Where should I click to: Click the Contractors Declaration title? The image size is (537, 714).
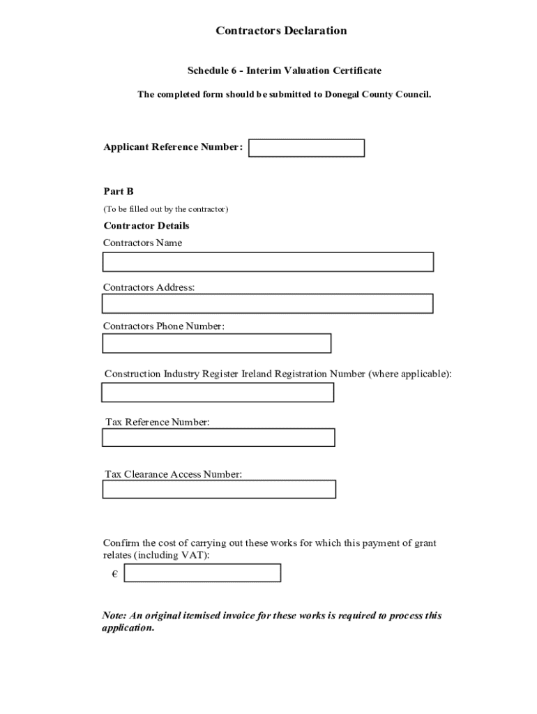point(281,31)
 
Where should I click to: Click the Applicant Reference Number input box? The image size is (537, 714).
point(306,148)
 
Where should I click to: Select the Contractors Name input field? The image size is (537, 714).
point(268,262)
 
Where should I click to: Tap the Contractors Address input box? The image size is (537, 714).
point(267,304)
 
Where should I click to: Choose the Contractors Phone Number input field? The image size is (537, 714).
point(216,344)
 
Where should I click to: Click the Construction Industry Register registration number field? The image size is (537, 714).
point(218,393)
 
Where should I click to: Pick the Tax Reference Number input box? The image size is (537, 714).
point(218,437)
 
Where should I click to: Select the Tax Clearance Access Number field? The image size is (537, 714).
point(219,489)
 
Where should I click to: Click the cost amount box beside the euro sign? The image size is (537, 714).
point(202,573)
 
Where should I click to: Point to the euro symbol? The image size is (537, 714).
point(114,574)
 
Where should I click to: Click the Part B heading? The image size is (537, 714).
point(119,191)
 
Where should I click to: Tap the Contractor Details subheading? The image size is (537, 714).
point(146,226)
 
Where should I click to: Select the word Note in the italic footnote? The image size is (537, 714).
point(114,616)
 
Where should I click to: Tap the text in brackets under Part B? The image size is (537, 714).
point(166,209)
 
